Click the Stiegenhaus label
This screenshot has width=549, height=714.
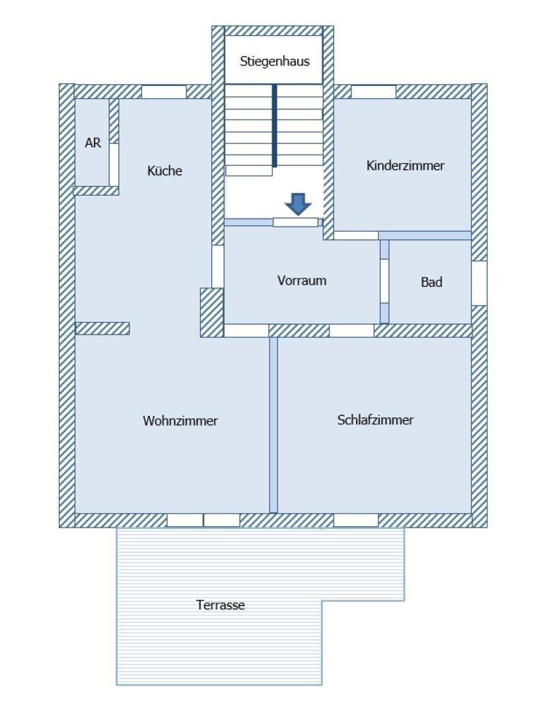coord(275,61)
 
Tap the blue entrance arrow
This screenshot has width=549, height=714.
coord(298,204)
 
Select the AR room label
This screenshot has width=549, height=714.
coord(93,143)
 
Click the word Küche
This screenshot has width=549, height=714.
coord(165,171)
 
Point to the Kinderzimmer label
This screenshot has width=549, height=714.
coord(405,165)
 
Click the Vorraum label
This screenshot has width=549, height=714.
coord(302,280)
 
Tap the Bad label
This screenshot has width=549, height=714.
coord(431,282)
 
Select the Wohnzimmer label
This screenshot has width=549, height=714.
coord(180,420)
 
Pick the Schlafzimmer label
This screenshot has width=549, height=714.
coord(375,419)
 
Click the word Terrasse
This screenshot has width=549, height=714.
coord(221,605)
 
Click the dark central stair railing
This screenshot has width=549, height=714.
coord(275,126)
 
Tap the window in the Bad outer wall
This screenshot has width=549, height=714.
coord(479,283)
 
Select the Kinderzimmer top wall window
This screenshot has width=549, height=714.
coord(373,92)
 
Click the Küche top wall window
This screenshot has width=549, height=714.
coord(164,92)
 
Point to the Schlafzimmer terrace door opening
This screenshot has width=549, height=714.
coord(356,520)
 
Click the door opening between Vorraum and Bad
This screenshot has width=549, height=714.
coord(384,281)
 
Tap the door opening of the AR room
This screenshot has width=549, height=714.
coord(114,165)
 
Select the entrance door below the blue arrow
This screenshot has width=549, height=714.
coord(295,222)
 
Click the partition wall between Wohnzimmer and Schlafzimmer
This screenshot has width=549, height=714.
coord(273,425)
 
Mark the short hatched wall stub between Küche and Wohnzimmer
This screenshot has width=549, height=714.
coord(102,329)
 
